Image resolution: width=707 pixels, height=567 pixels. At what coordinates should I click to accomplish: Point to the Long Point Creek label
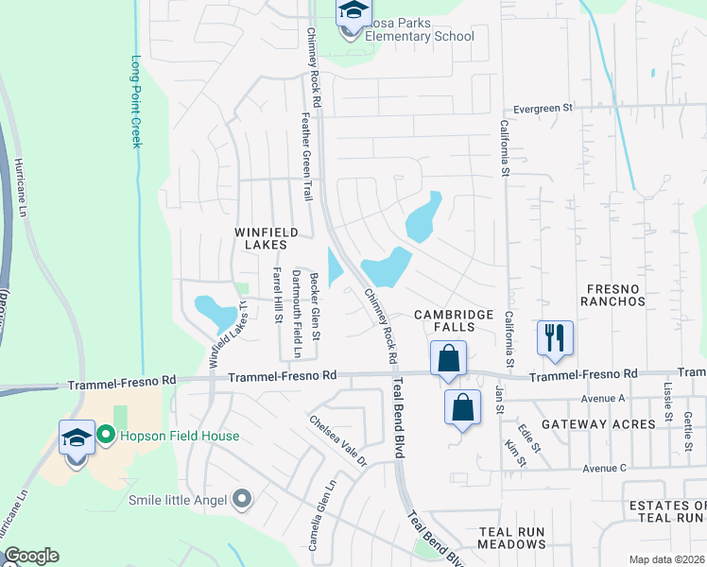click(134, 103)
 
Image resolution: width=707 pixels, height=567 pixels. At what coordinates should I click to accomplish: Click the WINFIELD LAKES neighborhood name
click(267, 238)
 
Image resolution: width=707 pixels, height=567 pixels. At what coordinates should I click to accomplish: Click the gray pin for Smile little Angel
click(244, 498)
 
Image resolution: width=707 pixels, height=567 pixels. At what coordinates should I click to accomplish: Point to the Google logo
click(30, 556)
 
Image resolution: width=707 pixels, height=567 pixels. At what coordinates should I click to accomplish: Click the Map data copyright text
click(667, 559)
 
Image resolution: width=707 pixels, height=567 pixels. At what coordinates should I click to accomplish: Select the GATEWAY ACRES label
click(593, 424)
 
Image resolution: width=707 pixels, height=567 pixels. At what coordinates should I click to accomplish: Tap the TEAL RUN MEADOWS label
click(511, 539)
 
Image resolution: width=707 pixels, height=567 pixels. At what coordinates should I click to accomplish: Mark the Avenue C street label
click(605, 468)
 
